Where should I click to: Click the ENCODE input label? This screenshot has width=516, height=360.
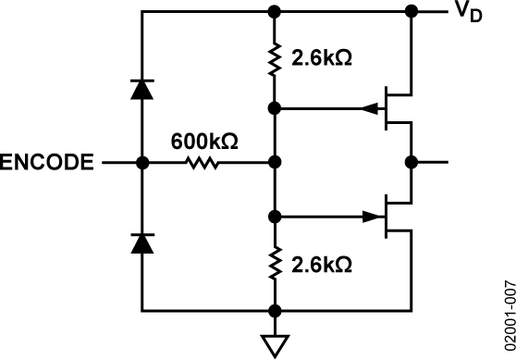click(46, 163)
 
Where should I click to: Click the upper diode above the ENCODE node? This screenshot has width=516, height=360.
click(141, 89)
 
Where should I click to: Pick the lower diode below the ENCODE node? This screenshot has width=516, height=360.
click(141, 242)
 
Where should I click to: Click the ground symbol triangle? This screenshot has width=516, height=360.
click(274, 344)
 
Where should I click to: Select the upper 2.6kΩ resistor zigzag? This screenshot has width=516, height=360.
click(274, 61)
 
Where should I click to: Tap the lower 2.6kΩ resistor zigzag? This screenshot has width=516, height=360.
click(274, 265)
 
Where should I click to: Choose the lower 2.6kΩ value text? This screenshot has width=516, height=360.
click(321, 265)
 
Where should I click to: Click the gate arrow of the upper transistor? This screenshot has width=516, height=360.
click(372, 108)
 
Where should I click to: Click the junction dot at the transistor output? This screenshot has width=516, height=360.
click(411, 163)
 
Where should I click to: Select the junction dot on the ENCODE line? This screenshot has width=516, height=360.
click(141, 163)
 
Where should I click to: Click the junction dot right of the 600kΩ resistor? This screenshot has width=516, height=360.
click(274, 163)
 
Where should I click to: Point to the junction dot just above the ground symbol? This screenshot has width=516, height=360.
click(274, 311)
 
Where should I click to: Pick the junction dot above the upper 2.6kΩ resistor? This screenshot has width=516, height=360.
click(274, 12)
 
